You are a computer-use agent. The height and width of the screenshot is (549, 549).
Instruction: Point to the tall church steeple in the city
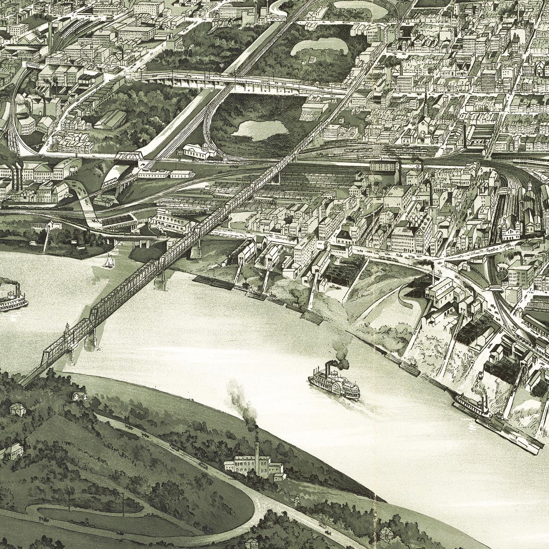coord(426,106)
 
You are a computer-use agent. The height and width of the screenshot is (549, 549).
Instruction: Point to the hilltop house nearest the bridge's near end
coord(79,396)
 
